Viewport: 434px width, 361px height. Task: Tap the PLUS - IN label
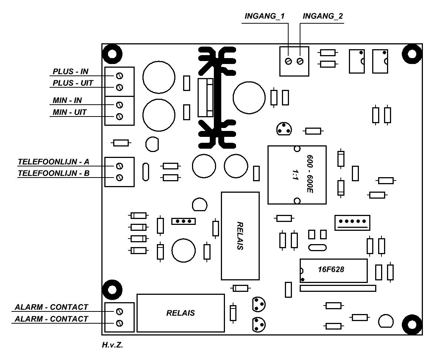coord(71,71)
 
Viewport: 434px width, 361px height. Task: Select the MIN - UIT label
coord(70,112)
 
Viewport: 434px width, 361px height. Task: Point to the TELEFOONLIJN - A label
coord(54,162)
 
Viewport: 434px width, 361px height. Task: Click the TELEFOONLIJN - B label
coord(54,173)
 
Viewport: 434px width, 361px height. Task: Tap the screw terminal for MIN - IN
coord(120,104)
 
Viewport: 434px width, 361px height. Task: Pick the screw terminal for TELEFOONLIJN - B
coord(120,178)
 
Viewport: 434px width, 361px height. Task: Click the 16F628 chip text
coord(331,270)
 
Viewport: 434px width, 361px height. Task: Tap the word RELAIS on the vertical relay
coord(239,236)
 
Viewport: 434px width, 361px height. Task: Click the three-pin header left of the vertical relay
coord(183,222)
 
